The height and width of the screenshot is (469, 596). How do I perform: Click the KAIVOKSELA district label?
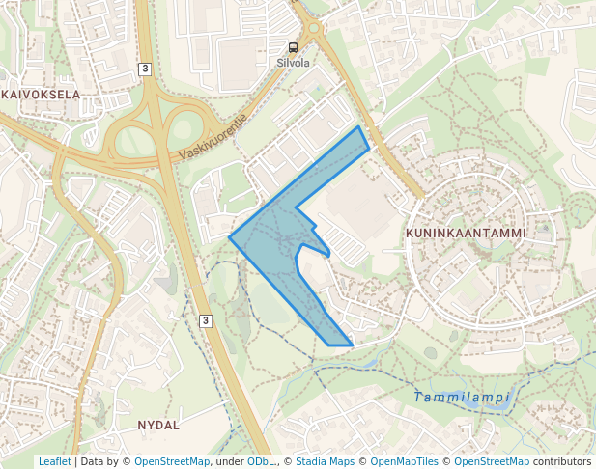coord(41,95)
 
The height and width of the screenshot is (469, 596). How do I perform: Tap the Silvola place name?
coord(293,63)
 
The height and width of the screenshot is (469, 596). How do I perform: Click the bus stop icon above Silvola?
coord(293,47)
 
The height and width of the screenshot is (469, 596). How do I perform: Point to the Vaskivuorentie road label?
coord(213,138)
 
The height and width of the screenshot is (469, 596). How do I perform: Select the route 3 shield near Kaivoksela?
coord(145,69)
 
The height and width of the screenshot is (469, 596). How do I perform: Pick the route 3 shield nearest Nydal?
coord(206,320)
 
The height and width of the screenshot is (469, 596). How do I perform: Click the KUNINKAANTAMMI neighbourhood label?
coord(466,234)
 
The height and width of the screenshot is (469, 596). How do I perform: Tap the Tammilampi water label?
coord(461,398)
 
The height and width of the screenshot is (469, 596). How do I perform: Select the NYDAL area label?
coord(158,425)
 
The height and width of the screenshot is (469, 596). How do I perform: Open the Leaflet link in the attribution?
coord(55,461)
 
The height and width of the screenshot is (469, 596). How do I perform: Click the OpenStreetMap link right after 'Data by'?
coord(172,461)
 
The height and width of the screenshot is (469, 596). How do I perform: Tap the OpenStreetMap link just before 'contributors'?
coord(492,461)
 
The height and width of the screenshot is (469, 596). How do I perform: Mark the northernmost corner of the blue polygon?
coord(359,126)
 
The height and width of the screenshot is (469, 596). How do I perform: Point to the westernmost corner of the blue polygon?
coord(229,236)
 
